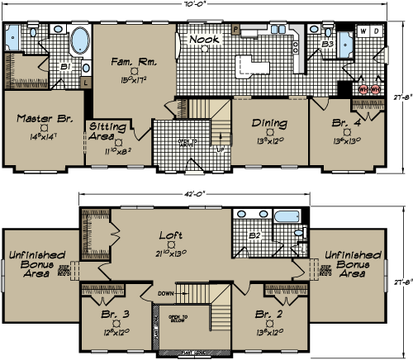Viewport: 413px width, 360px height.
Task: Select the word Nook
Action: pyautogui.click(x=203, y=40)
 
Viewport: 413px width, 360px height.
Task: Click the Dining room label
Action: pyautogui.click(x=269, y=124)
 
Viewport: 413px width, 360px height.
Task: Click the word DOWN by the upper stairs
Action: pyautogui.click(x=165, y=291)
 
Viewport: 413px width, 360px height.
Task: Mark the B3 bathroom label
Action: pyautogui.click(x=327, y=43)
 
